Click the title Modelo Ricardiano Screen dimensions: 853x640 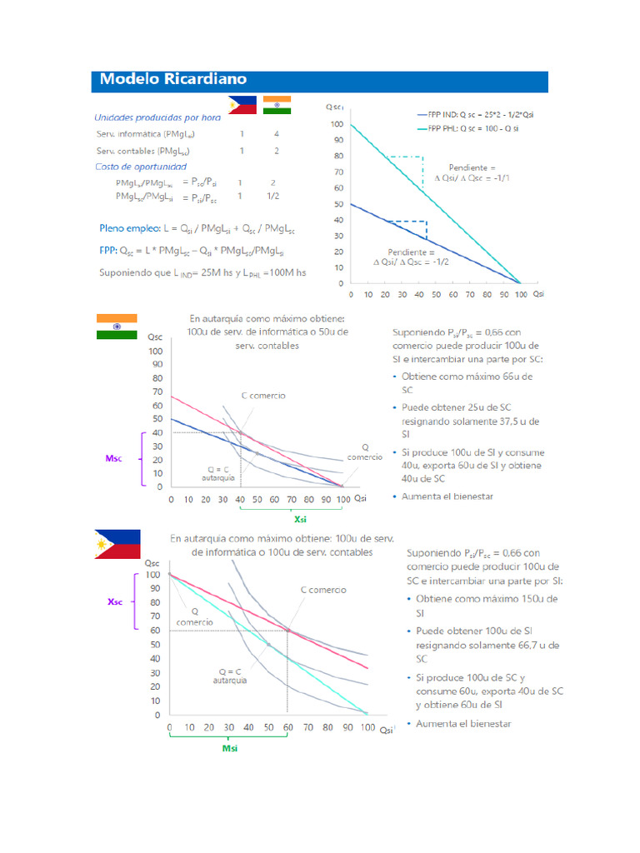point(173,80)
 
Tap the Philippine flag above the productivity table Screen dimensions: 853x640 point(242,105)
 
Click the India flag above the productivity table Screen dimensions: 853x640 point(276,105)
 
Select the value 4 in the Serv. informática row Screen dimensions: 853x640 point(276,133)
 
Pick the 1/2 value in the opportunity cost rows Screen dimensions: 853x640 point(272,197)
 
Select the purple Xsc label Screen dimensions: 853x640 point(115,601)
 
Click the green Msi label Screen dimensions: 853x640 point(230,748)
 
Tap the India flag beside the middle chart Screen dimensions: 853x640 point(117,327)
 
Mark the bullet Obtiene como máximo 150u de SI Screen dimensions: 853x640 point(480,605)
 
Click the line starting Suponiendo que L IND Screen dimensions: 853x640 point(202,272)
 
